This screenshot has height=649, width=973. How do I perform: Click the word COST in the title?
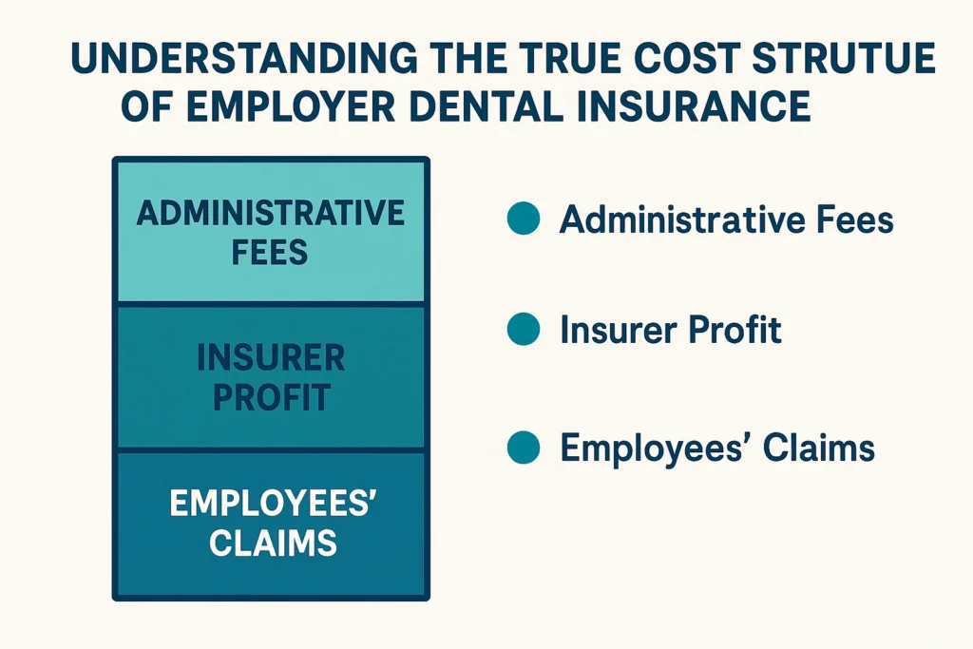[656, 60]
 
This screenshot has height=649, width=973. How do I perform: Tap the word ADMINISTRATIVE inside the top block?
[271, 212]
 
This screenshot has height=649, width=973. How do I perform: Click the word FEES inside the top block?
[271, 253]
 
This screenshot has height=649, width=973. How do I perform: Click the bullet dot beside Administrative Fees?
[524, 220]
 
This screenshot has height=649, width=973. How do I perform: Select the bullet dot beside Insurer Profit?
[524, 330]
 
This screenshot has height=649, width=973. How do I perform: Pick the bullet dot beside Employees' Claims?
[524, 447]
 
